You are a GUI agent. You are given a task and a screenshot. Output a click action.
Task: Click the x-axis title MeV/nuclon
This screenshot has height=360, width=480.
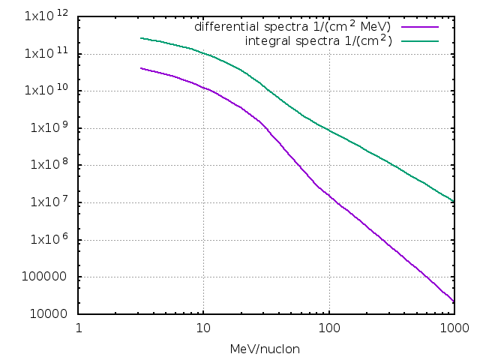[x=266, y=349]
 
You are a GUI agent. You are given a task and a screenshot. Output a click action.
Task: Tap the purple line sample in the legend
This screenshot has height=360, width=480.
[x=418, y=27]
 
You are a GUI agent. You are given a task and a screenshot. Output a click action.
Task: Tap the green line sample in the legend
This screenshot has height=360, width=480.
[x=418, y=40]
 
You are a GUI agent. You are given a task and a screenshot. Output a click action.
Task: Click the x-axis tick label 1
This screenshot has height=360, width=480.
[x=79, y=328]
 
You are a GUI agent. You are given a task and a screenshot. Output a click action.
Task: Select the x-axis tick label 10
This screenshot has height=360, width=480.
[x=203, y=328]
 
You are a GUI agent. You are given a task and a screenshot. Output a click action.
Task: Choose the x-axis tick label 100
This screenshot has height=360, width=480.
[x=328, y=328]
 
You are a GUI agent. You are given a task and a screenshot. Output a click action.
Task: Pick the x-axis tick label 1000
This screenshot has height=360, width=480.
[x=453, y=328]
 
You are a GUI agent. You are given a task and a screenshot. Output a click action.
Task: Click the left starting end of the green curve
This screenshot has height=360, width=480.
[x=141, y=37]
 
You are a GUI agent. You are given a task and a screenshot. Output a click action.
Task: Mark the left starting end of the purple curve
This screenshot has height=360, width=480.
[x=141, y=68]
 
